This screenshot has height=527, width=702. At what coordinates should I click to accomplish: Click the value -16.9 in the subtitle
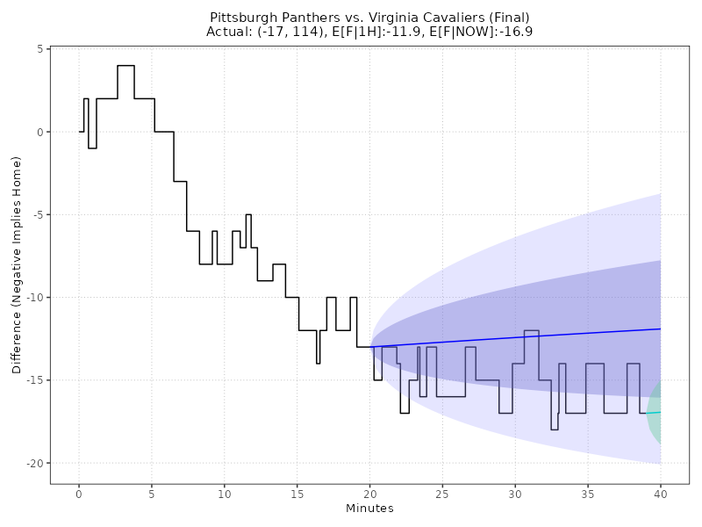pos(515,32)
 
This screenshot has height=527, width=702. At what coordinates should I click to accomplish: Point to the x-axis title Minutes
pos(369,509)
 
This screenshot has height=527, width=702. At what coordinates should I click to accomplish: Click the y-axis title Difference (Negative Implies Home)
pos(17,264)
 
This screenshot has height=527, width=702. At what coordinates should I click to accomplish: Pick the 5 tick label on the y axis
pos(39,49)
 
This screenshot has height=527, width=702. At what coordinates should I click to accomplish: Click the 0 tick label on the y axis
pos(39,132)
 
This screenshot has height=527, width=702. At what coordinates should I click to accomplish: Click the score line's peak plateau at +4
pos(125,65)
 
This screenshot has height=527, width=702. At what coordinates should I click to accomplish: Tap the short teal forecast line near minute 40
pos(654,412)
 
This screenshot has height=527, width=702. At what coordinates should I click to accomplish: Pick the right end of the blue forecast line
pos(659,328)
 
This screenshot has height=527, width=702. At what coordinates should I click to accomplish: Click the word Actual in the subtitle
pos(226,32)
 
